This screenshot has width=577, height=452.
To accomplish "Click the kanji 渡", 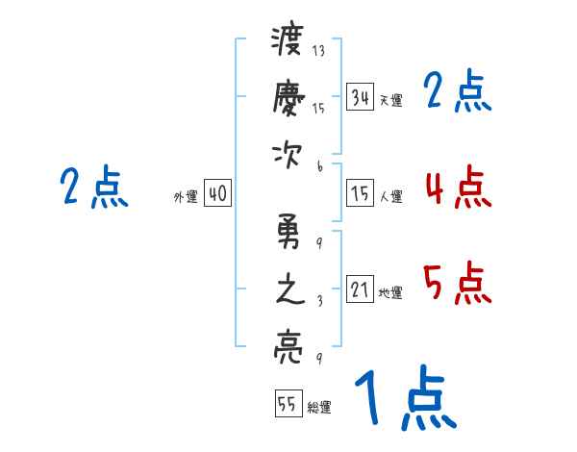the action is pyautogui.click(x=288, y=42).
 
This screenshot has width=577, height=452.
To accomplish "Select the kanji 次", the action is pyautogui.click(x=288, y=155).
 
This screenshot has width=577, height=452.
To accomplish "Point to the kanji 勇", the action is pyautogui.click(x=288, y=233).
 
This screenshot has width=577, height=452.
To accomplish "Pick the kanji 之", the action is pyautogui.click(x=288, y=289).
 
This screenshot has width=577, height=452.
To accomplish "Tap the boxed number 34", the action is pyautogui.click(x=361, y=97).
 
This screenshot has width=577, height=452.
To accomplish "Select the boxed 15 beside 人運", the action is pyautogui.click(x=361, y=194).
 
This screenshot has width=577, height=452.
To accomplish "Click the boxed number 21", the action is pyautogui.click(x=361, y=289).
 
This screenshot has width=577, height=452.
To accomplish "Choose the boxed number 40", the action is pyautogui.click(x=217, y=194).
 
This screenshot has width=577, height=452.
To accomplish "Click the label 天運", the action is pyautogui.click(x=390, y=100).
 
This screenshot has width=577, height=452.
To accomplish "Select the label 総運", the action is pyautogui.click(x=319, y=408).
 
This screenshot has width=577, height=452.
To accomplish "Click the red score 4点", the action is pyautogui.click(x=457, y=188).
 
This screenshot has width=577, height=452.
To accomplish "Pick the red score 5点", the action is pyautogui.click(x=457, y=284).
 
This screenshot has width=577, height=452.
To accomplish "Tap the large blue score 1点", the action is pyautogui.click(x=404, y=399).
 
